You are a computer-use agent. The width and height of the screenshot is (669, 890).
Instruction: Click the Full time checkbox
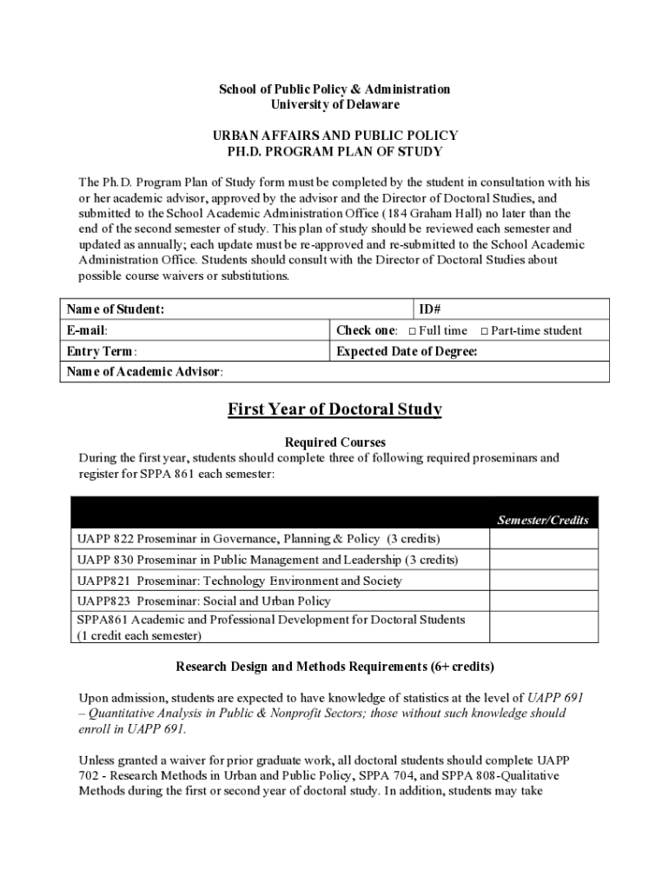coord(413,331)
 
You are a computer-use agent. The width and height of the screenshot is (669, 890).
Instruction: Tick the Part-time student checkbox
coord(485,331)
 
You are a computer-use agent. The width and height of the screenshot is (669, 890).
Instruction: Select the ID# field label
coord(432,309)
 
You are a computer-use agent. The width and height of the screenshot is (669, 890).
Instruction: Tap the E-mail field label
coord(87,330)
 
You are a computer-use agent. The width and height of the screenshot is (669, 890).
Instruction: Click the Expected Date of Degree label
coord(407,351)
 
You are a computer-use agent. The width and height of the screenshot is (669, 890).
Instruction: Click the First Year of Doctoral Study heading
coord(334,409)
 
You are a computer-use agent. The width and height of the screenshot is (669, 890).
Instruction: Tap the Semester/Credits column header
coord(543,521)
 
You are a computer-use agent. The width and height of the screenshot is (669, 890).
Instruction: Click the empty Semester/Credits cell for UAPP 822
coord(543,539)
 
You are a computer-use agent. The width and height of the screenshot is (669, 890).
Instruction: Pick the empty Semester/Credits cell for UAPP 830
coord(543,560)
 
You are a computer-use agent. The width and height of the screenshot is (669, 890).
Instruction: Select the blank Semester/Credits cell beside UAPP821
coord(543,581)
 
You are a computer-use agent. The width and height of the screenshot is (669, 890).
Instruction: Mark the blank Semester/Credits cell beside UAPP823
coord(543,601)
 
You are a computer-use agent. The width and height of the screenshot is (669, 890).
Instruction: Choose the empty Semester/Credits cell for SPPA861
coord(543,627)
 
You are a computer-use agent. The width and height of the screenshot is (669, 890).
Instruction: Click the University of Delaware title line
coord(334,105)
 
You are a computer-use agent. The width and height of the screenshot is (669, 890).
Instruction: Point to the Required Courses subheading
coord(334,442)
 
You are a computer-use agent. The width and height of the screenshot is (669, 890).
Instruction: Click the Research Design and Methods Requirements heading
coord(334,667)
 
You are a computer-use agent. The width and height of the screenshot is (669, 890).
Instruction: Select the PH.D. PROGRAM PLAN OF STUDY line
coord(334,152)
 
